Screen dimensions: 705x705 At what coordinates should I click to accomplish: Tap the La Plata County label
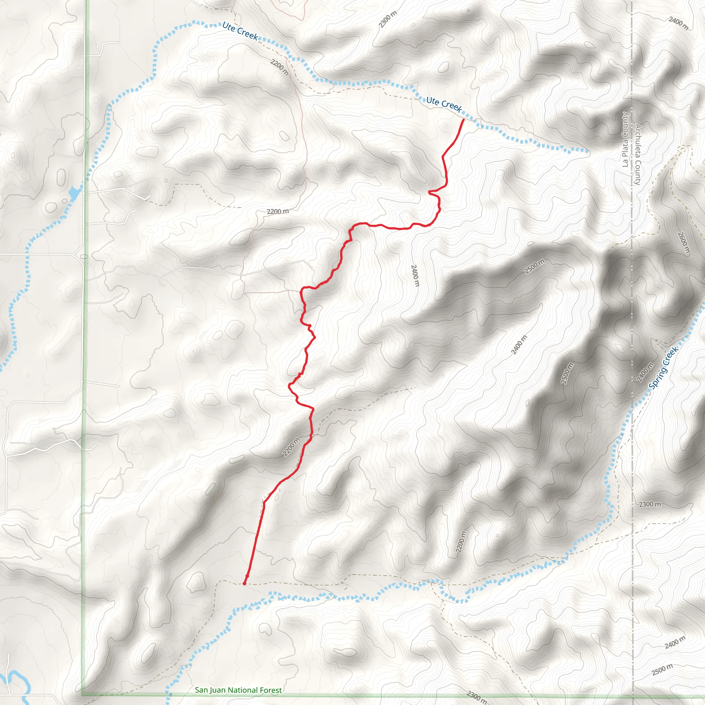point(625,139)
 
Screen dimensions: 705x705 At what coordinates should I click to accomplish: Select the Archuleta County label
point(638,154)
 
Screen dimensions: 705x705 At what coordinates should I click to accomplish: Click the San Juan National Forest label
point(238,690)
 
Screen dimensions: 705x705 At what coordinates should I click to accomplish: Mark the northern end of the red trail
point(463,120)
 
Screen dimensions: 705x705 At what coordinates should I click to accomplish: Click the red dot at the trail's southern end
point(244,583)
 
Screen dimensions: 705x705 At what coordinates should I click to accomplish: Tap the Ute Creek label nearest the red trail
point(444,105)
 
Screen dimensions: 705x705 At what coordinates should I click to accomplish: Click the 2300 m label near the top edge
point(388,19)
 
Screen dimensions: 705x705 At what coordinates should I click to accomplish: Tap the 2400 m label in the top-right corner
point(678,23)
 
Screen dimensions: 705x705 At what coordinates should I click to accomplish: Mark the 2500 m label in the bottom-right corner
point(662,670)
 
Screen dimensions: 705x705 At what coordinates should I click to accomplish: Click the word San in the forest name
point(201,690)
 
